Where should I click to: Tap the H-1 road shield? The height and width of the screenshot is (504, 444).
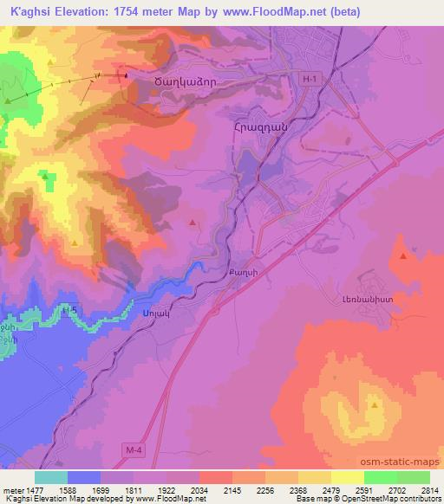click(310, 79)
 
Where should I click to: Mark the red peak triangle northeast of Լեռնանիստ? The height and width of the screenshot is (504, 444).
click(403, 256)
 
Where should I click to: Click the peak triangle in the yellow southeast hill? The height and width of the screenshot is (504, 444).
click(374, 404)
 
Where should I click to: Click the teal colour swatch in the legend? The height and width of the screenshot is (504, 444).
click(51, 476)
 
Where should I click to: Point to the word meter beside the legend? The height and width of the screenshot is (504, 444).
click(10, 488)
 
